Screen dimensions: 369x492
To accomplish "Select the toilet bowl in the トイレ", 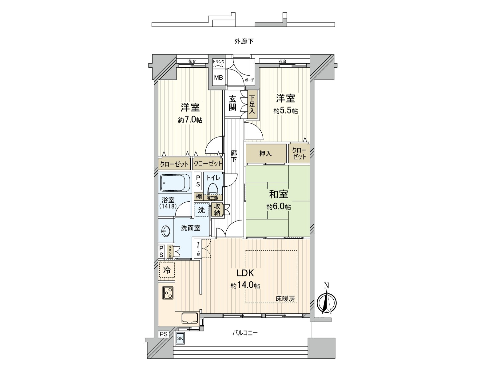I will (x=212, y=190).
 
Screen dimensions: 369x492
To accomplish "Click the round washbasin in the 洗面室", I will (x=165, y=231).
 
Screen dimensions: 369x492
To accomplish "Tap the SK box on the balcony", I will (x=180, y=339).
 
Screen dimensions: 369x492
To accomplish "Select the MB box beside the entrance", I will (x=218, y=77).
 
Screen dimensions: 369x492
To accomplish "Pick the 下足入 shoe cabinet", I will (x=252, y=105).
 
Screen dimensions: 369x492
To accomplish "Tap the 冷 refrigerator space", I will (x=167, y=270).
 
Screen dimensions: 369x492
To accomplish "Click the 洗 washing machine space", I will (x=201, y=210).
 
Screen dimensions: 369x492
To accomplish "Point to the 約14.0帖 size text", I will (x=245, y=286).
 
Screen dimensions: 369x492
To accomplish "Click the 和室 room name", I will (x=279, y=195).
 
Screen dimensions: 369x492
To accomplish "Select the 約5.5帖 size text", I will (x=285, y=111).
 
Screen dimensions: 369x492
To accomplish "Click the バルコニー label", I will (x=245, y=333).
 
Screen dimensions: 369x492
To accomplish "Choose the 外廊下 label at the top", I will (x=244, y=41).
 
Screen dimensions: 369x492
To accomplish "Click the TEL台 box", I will (x=198, y=249).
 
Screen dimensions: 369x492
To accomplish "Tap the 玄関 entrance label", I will (x=232, y=103).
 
